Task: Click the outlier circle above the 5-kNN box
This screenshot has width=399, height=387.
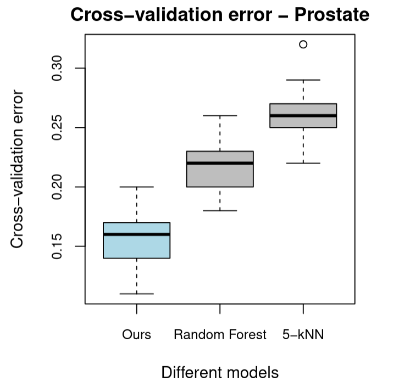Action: [303, 44]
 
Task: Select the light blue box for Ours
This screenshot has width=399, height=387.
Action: [136, 245]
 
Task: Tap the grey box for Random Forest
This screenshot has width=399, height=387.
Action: [220, 175]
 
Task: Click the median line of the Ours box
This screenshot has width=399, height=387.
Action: [136, 234]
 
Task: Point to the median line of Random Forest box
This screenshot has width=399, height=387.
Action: [220, 163]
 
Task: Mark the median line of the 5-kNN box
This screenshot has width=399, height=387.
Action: [303, 115]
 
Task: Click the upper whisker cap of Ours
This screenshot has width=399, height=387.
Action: [136, 187]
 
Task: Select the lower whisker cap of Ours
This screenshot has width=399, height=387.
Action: [136, 294]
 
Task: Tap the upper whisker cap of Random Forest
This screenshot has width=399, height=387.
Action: [220, 115]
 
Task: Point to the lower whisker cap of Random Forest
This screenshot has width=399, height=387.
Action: [220, 210]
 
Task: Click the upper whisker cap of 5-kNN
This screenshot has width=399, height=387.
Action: [303, 80]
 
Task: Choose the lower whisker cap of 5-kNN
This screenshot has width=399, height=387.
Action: [303, 163]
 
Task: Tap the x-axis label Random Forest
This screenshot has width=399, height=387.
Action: [220, 334]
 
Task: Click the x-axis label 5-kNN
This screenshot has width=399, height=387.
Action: [303, 334]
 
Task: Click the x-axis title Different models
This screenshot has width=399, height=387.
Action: [220, 373]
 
